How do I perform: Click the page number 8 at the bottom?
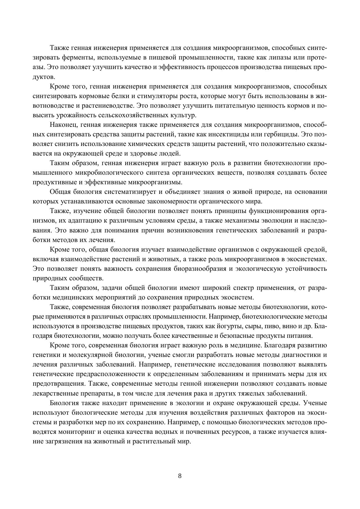point(180,476)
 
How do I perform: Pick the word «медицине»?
point(246,346)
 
